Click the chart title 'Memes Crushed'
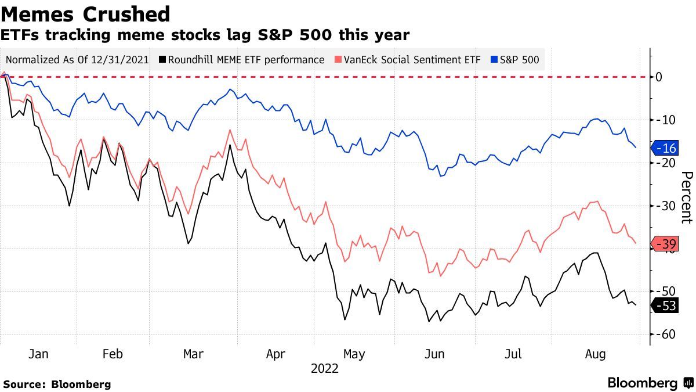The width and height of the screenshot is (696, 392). pos(86,14)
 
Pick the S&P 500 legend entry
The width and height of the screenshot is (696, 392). pos(515,60)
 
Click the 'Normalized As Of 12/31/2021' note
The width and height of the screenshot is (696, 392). pos(77,60)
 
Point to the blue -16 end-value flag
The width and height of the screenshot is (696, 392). pos(665,149)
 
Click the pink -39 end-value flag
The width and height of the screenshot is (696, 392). pos(665,244)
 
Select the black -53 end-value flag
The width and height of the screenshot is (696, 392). pos(665,305)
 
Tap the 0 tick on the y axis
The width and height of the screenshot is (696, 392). pos(659,77)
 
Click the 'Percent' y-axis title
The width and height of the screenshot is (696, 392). pos(686,197)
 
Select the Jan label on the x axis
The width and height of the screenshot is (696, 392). pos(38,354)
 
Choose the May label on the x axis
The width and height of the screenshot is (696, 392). pos(354,354)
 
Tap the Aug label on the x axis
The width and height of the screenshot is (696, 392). pos(596,354)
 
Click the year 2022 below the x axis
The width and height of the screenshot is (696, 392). pos(325,368)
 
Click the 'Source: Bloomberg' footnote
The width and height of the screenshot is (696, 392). pos(57,384)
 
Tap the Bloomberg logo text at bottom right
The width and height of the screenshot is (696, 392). pos(642,383)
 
